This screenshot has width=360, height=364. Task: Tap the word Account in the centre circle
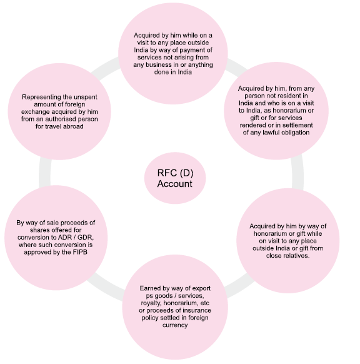click(x=174, y=184)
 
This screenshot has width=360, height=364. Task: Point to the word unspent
click(x=84, y=98)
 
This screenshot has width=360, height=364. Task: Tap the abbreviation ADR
click(x=64, y=238)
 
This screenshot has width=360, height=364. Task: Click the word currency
click(x=175, y=325)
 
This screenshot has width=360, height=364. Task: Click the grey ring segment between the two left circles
click(x=44, y=173)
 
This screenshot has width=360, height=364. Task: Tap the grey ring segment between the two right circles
click(x=297, y=173)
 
